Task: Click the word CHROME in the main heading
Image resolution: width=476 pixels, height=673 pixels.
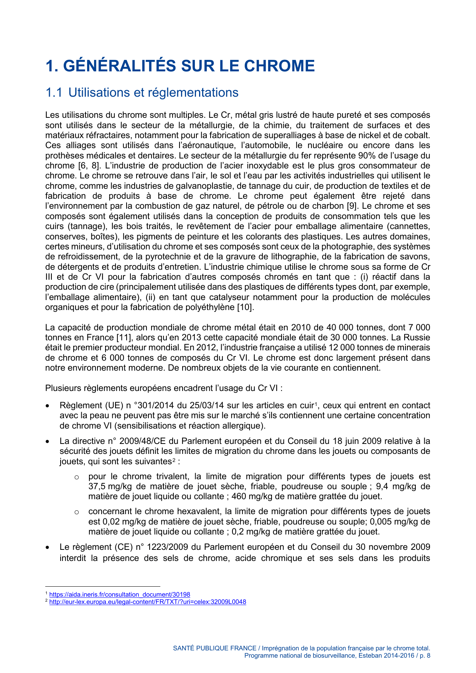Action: click(x=279, y=66)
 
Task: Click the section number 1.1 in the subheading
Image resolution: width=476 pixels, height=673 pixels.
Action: click(x=53, y=92)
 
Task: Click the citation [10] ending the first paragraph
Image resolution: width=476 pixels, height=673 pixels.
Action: click(x=245, y=307)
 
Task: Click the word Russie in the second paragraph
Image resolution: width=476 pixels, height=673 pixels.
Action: click(x=417, y=338)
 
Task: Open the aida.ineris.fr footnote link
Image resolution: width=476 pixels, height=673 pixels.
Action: click(x=120, y=595)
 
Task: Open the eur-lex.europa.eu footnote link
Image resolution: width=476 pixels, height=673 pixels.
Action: click(x=148, y=602)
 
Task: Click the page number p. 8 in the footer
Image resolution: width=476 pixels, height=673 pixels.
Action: click(x=425, y=656)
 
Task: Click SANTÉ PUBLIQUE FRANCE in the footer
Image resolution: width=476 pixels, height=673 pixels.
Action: click(x=214, y=648)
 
